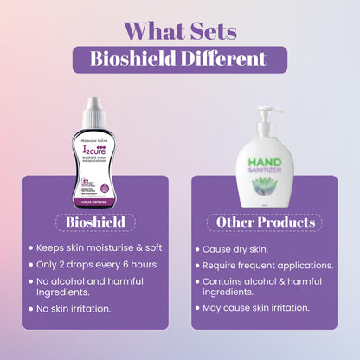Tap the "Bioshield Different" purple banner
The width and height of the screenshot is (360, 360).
pyautogui.click(x=179, y=61)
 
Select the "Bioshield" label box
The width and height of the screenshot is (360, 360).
pyautogui.click(x=96, y=222)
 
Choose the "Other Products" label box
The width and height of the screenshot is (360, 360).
pyautogui.click(x=264, y=222)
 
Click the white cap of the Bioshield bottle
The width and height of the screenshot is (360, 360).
pyautogui.click(x=95, y=109)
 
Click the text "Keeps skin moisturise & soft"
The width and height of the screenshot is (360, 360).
pyautogui.click(x=100, y=249)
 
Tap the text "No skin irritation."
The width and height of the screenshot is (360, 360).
pyautogui.click(x=79, y=309)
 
